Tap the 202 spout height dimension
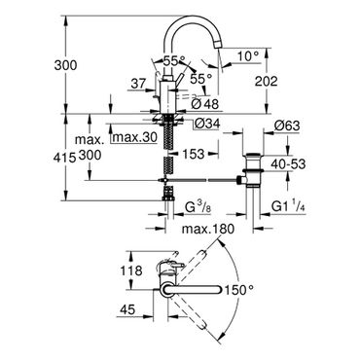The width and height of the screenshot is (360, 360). (x=266, y=81)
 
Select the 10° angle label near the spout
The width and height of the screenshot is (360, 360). (x=248, y=56)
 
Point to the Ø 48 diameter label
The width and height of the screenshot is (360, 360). (x=205, y=104)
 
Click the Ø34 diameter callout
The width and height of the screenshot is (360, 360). (x=208, y=124)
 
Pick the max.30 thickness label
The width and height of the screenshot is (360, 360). (x=134, y=137)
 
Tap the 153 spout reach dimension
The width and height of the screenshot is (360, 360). (x=193, y=154)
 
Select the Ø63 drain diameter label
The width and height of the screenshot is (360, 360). (x=287, y=126)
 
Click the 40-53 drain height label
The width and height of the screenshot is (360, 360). (x=289, y=164)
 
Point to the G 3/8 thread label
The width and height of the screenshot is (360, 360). (x=198, y=207)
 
